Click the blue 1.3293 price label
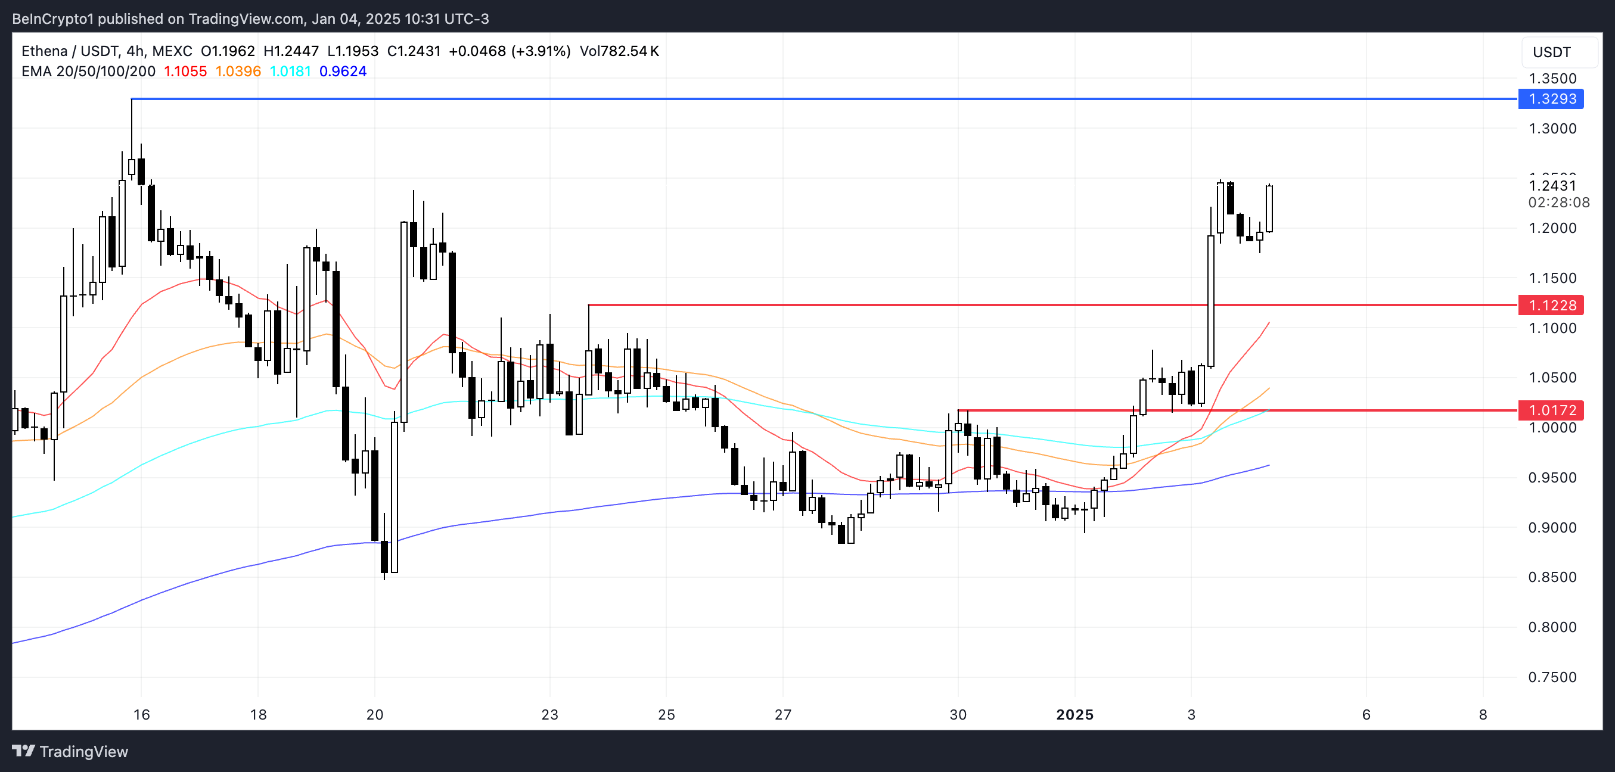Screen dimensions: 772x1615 [1551, 99]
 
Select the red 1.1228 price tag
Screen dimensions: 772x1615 [1551, 305]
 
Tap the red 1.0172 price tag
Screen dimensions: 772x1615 [1551, 410]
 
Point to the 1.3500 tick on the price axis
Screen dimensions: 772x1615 [1552, 78]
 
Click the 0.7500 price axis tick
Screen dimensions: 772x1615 [1552, 677]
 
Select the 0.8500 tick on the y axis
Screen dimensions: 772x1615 [1552, 577]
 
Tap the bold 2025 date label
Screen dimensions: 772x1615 [1074, 714]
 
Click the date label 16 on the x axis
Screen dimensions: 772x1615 [142, 714]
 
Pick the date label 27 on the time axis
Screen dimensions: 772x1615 [783, 714]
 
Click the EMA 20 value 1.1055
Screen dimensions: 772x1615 [185, 71]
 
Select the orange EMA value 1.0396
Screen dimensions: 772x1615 [238, 71]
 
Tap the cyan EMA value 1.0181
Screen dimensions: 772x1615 [290, 71]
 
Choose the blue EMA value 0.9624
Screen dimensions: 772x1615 [343, 71]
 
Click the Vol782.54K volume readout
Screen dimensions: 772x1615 [619, 51]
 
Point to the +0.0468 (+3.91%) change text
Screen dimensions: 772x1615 [509, 51]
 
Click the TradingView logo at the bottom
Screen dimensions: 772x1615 [70, 751]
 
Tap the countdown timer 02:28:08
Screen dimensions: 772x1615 [1558, 203]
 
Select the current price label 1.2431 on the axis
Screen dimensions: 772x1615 [1552, 185]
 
